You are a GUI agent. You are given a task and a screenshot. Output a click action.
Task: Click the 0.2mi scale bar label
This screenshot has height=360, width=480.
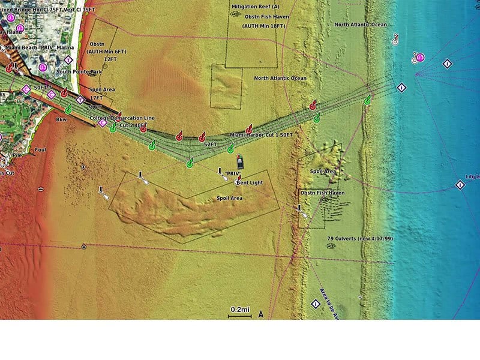click(x=239, y=309)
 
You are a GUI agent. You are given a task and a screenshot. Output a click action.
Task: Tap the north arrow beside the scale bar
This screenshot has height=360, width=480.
click(x=261, y=313)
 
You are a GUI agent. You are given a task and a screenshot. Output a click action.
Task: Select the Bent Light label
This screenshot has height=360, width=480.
click(x=250, y=182)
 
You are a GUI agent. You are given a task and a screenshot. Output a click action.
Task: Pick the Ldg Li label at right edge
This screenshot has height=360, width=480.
click(x=472, y=177)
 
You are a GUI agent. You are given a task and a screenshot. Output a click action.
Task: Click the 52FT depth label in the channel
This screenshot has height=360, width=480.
click(x=210, y=145)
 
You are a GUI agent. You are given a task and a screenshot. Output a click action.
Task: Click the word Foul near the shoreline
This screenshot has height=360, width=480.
click(x=40, y=150)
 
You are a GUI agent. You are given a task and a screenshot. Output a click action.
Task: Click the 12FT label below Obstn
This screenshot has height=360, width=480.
click(x=110, y=59)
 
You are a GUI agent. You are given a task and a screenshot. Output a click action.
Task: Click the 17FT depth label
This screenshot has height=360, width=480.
click(x=95, y=98)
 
